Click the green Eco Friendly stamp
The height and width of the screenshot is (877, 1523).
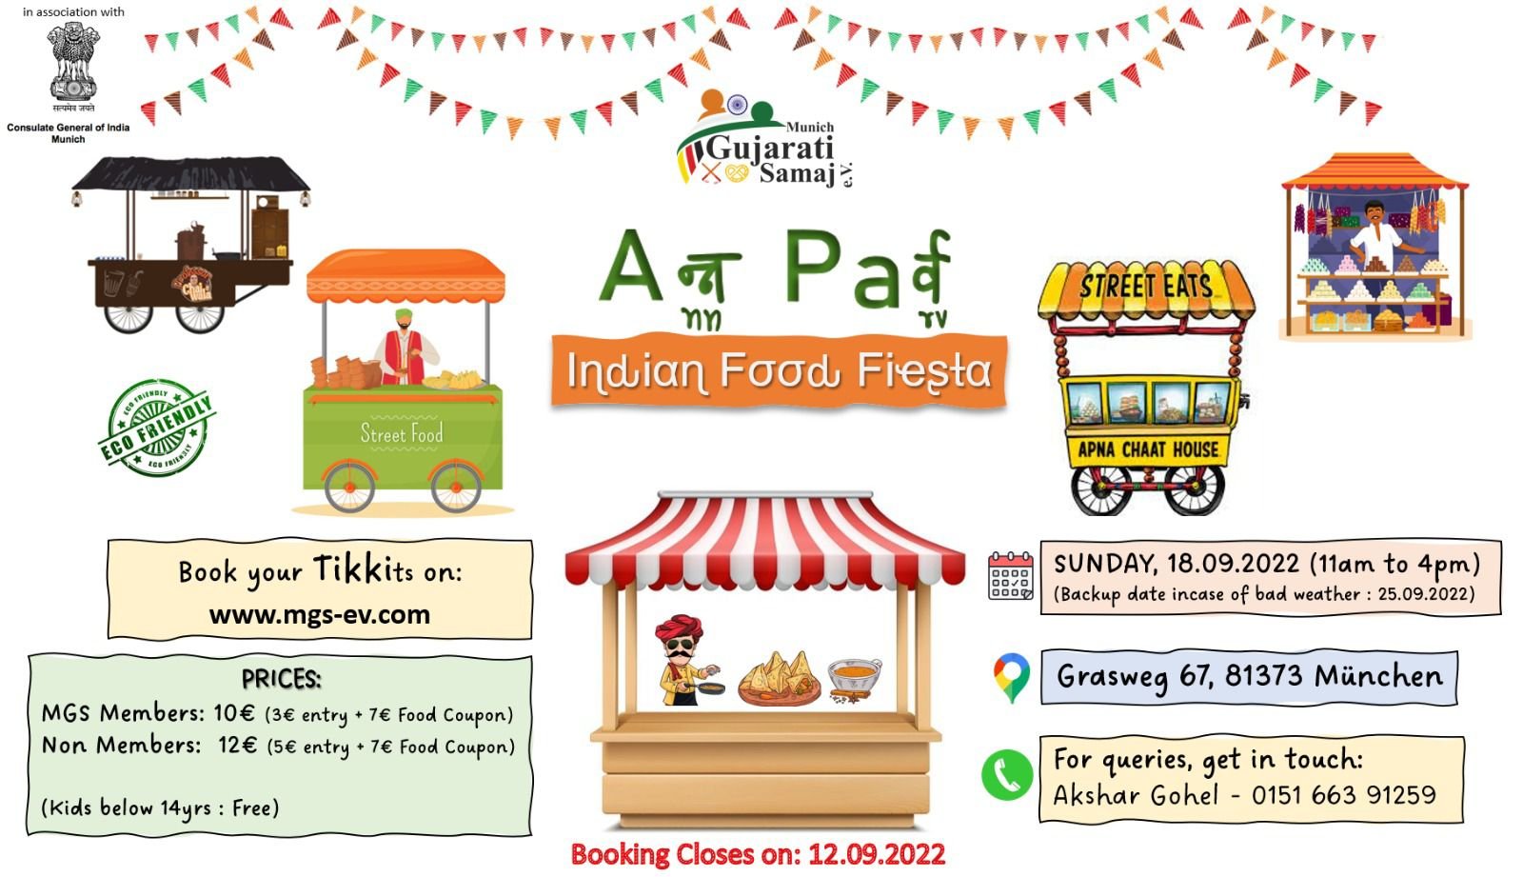point(156,428)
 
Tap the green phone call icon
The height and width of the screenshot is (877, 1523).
point(1006,776)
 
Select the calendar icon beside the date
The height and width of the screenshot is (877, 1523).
point(1010,576)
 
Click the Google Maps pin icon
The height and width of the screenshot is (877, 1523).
point(1011,678)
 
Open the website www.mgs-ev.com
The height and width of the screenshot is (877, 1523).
point(320,615)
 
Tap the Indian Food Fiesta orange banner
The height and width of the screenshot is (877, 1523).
point(780,371)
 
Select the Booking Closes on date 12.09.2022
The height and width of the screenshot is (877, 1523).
point(877,854)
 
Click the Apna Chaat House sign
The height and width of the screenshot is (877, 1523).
point(1148,449)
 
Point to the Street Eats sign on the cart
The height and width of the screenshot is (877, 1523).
point(1146,286)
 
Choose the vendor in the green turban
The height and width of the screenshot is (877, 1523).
point(405,346)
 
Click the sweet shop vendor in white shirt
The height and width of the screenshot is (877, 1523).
point(1375,235)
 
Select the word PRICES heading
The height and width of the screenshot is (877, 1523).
point(282,679)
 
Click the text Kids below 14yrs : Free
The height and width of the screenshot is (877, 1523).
point(161,807)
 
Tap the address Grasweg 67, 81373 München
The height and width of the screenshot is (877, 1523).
point(1249,677)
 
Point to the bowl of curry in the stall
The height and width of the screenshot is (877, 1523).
point(854,678)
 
